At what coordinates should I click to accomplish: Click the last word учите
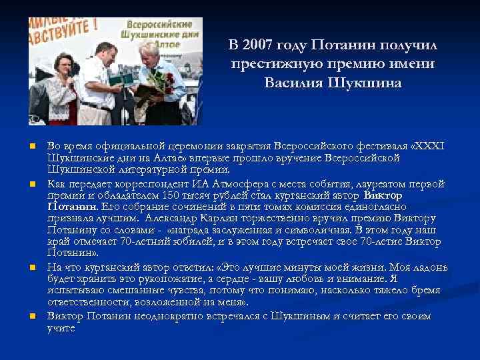(61, 328)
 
